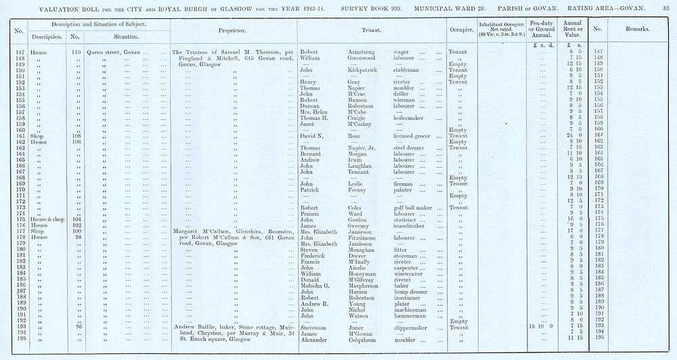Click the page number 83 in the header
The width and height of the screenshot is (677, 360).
[668, 7]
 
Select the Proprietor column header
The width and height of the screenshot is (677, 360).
[232, 30]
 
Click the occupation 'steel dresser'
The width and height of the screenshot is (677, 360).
[411, 148]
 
